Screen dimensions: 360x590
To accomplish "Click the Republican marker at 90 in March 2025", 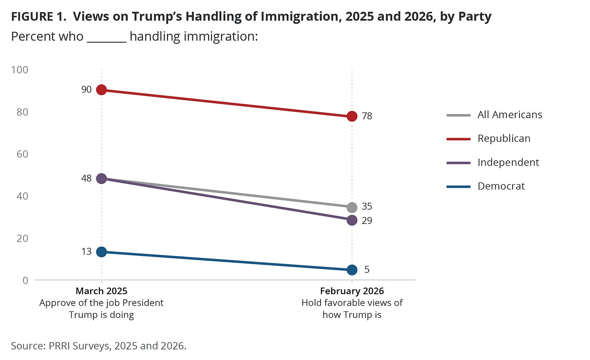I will pos(101,89).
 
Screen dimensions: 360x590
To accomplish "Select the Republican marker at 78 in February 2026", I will pos(352,116).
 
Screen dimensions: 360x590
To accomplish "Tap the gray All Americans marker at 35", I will pos(352,207).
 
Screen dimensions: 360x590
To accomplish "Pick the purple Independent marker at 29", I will pos(352,220).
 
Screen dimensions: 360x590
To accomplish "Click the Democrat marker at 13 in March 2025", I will pos(101,252).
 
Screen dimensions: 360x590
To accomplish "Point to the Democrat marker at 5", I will pos(352,270).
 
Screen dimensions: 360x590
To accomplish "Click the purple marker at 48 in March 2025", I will pos(101,179).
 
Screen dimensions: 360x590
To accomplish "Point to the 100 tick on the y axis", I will pos(20,70).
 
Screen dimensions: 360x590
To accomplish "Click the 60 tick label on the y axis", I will pos(22,154).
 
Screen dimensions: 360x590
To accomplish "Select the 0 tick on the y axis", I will pos(26,280).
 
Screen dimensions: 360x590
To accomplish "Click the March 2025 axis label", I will pos(101,291).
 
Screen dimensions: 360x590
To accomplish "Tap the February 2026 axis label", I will pos(352,291).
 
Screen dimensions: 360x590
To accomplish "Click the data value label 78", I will pos(367,116).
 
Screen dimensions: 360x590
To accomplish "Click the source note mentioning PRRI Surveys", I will pos(98,346).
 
